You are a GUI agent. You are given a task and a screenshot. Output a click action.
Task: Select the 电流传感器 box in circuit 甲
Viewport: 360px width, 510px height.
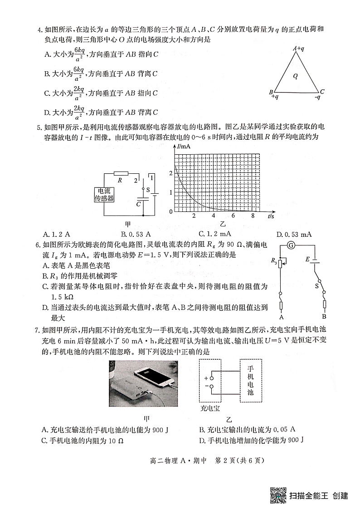tap(104, 195)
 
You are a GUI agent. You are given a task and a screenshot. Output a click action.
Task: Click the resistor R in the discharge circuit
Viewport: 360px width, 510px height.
tap(120, 173)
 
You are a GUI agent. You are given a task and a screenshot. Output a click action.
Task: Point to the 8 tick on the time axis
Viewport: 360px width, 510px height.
tap(253, 216)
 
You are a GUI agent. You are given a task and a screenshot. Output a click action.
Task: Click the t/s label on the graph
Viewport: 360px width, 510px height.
tap(271, 216)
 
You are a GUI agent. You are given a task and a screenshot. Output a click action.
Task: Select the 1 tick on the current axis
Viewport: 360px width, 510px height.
tap(170, 192)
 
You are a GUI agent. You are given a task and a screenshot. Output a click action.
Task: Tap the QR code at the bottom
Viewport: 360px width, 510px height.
tap(278, 495)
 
